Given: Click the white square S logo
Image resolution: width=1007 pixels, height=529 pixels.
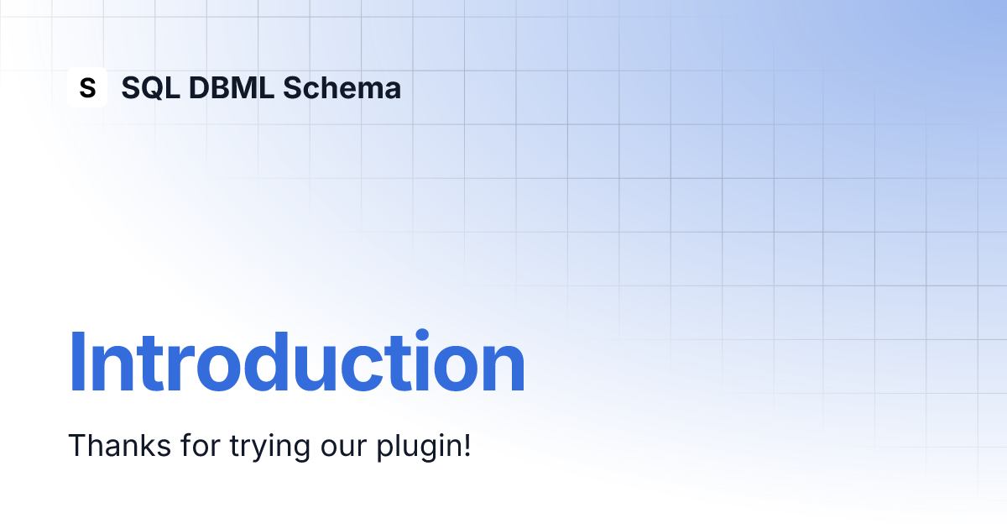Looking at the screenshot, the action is [x=87, y=87].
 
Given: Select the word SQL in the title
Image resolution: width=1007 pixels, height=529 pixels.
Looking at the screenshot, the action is [x=151, y=87].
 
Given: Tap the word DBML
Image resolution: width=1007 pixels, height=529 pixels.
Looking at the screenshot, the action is [x=232, y=87].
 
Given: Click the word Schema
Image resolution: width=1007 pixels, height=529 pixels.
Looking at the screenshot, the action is [x=342, y=87].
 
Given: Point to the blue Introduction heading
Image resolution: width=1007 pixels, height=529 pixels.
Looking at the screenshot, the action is [x=297, y=362].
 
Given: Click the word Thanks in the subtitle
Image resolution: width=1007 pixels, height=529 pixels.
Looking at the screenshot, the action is [x=119, y=445].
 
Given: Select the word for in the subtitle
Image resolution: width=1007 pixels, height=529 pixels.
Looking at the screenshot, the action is [x=201, y=445].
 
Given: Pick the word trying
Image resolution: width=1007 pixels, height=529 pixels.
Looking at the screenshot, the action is [x=270, y=447].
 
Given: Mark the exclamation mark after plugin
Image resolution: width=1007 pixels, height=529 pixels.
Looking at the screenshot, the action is [x=467, y=445].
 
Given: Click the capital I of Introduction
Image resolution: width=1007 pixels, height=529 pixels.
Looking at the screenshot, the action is [x=76, y=362].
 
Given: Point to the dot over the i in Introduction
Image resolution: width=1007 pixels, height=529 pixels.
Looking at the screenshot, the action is [x=422, y=335].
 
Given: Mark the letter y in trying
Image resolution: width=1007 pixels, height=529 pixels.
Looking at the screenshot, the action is [x=258, y=451].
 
